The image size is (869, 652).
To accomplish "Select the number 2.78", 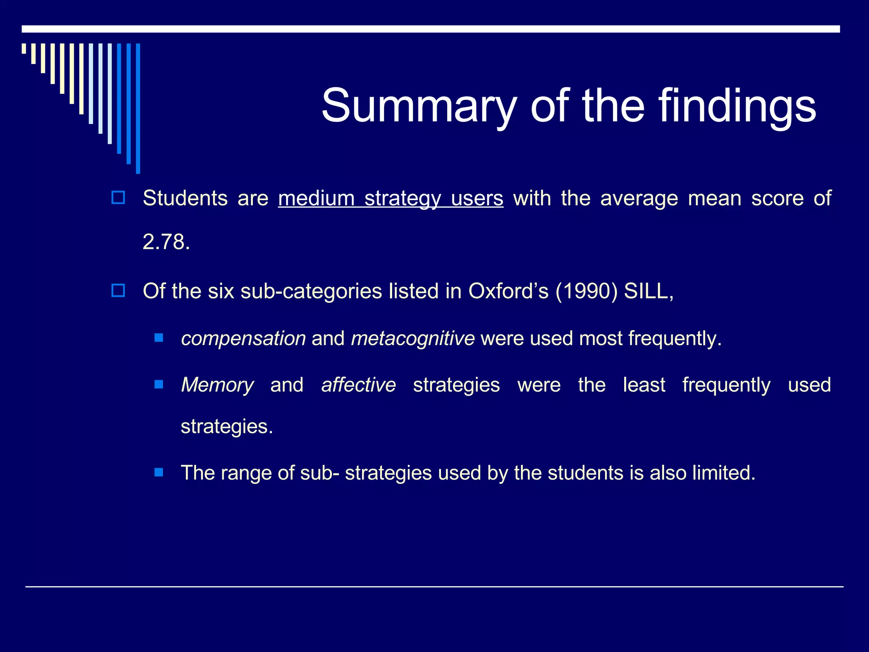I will [x=166, y=242].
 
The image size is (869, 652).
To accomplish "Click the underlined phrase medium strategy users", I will [x=390, y=198].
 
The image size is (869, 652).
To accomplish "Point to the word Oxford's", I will [x=508, y=291].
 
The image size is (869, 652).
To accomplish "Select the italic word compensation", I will [x=243, y=339].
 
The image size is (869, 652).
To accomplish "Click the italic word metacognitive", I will [x=412, y=339].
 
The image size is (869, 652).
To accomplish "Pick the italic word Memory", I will [x=217, y=385].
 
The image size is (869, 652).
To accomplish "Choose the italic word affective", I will [x=359, y=385].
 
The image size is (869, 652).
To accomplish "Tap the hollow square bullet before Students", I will [x=118, y=198].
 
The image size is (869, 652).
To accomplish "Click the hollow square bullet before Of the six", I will [x=118, y=291].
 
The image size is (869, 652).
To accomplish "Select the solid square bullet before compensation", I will [x=159, y=338].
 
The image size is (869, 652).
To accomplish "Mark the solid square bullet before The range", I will [x=159, y=472].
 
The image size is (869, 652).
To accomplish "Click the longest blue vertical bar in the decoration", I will [x=138, y=108].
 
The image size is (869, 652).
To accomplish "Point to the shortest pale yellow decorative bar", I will [x=24, y=48].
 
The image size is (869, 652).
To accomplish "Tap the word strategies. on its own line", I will [x=227, y=427].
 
